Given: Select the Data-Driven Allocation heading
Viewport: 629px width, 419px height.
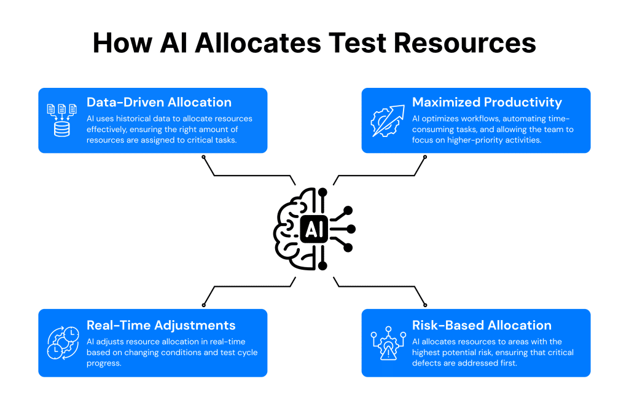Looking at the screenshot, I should [x=159, y=103].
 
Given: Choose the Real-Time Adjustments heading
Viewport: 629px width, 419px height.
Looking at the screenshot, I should [x=161, y=325].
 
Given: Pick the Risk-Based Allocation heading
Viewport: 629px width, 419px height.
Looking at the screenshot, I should [x=482, y=325].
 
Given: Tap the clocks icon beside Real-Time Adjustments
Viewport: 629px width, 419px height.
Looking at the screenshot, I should [x=63, y=342].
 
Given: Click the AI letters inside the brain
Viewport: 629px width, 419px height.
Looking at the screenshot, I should [x=313, y=230].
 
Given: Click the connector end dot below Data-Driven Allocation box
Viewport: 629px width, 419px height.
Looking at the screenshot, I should [x=204, y=157].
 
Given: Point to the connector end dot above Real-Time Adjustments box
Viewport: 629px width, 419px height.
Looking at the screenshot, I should [x=204, y=304].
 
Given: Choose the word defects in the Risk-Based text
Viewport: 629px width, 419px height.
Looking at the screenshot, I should [x=429, y=363].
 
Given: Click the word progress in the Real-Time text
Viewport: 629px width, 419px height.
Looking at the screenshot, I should [x=105, y=363].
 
